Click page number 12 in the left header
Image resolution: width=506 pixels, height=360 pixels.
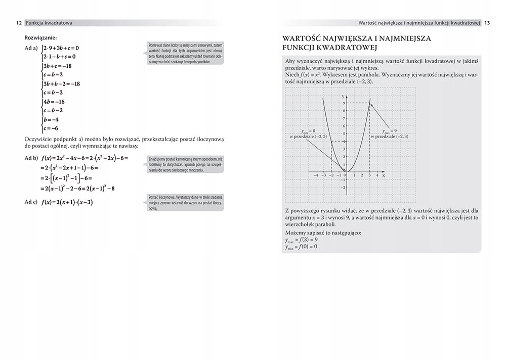coord(18,23)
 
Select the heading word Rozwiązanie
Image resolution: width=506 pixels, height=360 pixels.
coord(40,37)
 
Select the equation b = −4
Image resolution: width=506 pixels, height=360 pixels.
coord(52,120)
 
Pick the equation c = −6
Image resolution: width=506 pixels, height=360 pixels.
coord(52,128)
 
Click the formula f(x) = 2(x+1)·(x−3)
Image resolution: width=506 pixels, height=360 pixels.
coord(68,203)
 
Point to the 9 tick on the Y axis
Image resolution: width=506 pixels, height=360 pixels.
coord(344,103)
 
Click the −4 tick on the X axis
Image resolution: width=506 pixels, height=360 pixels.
coord(316,175)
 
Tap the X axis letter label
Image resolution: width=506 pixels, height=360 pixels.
coord(384,175)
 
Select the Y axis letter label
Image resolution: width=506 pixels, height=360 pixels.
coord(343,96)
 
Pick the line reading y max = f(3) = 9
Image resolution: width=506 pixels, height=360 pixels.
coord(302,239)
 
